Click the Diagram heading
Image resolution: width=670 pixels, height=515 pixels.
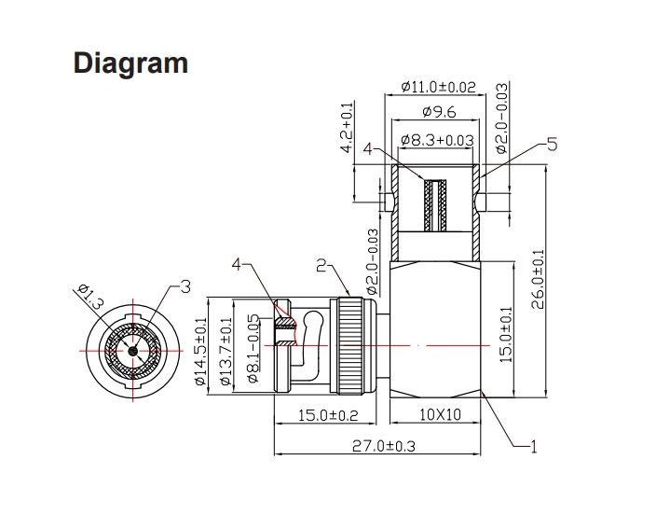tap(130, 63)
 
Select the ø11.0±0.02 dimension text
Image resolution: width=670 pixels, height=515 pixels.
tap(437, 87)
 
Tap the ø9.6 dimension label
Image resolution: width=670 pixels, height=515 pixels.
tap(438, 113)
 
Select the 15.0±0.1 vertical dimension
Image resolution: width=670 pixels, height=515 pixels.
tap(507, 335)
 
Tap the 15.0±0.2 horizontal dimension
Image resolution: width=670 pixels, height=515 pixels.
tap(327, 415)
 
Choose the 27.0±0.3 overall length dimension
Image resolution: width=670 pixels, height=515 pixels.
tap(385, 446)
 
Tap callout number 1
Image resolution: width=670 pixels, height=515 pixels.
tap(534, 447)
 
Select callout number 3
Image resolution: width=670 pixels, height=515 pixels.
tap(185, 286)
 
